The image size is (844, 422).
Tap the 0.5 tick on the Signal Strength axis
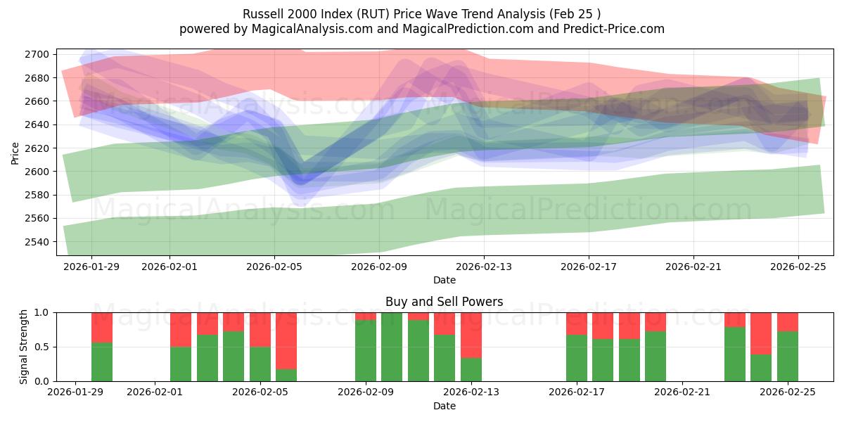pos(42,347)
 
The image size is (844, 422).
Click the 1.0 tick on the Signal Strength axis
pos(42,312)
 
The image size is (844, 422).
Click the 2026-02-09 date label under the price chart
pos(379,267)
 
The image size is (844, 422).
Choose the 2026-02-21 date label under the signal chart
pos(682,392)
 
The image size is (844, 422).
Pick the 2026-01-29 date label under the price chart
pos(91,267)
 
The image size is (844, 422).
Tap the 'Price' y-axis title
pos(15,152)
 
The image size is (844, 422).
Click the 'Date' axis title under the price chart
pos(444,280)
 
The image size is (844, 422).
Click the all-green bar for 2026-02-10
pos(392,347)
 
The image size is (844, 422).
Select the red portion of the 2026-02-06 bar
pos(286,340)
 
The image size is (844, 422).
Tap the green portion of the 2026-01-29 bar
pos(102,362)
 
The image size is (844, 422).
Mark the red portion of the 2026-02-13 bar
pos(471,335)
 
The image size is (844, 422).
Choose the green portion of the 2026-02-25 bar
pos(788,356)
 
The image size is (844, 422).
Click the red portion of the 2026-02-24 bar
pos(761,333)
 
